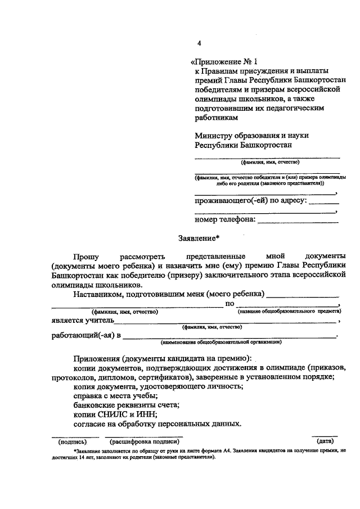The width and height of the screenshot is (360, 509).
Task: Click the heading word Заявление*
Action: [x=198, y=238]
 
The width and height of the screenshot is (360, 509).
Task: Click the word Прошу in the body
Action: [x=86, y=256]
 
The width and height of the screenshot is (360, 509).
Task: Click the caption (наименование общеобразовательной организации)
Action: [x=221, y=341]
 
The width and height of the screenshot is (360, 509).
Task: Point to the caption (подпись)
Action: [x=71, y=442]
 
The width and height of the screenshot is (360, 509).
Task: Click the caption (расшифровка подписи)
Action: [x=147, y=442]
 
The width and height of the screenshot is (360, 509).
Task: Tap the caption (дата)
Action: [x=325, y=442]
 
